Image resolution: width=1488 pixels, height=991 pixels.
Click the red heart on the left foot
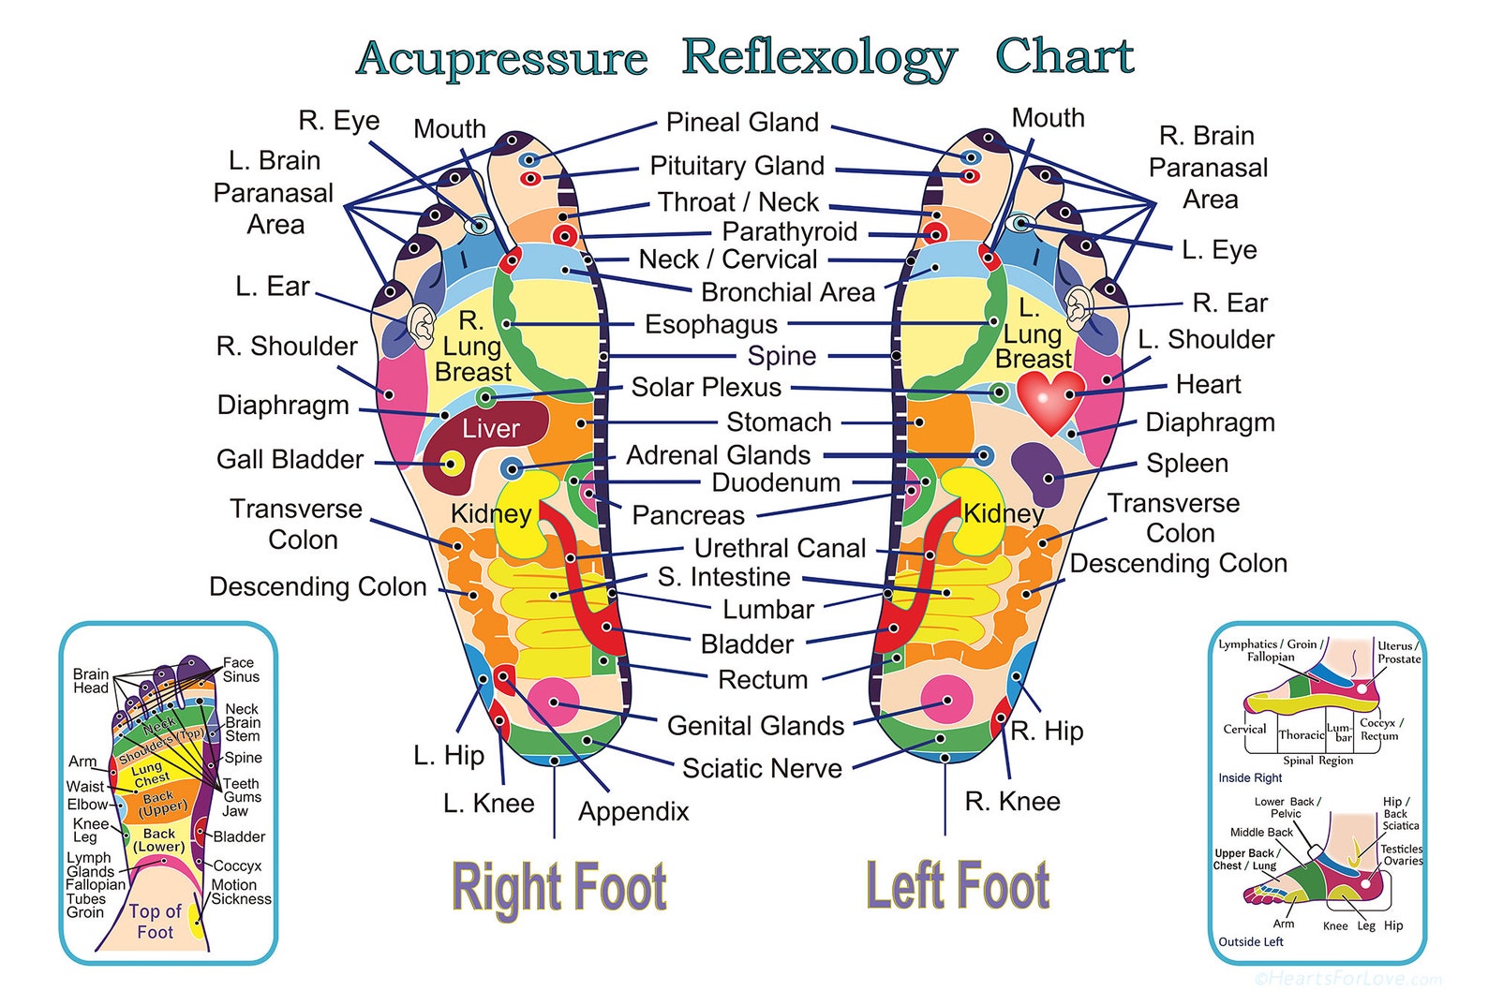pos(1050,399)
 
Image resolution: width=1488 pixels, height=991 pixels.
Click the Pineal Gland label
pos(742,123)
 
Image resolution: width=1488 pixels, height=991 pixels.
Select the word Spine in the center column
pos(781,356)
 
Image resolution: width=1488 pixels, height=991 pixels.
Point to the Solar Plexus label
pos(706,387)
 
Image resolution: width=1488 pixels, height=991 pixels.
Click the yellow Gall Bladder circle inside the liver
pos(452,463)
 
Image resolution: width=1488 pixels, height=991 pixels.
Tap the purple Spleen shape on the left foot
pos(1037,470)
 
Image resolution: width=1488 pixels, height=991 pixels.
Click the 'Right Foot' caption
pos(559,887)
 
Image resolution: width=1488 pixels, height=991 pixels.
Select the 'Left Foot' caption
pos(958,885)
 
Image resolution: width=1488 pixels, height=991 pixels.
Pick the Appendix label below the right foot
pos(633,811)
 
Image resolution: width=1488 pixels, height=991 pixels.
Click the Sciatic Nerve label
pos(762,768)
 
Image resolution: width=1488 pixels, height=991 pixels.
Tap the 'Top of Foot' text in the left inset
pos(155,922)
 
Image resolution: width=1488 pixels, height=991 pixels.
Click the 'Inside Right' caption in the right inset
pos(1250,777)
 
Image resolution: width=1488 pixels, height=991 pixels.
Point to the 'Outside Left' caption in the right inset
pos(1251,941)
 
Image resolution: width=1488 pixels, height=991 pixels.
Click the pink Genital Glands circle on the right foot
pos(553,703)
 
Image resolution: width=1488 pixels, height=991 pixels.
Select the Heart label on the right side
pos(1208,385)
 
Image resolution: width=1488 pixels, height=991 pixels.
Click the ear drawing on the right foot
pos(421,323)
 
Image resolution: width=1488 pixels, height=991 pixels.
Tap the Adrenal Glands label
pos(718,455)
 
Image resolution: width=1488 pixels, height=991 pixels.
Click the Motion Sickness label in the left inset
pos(241,892)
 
